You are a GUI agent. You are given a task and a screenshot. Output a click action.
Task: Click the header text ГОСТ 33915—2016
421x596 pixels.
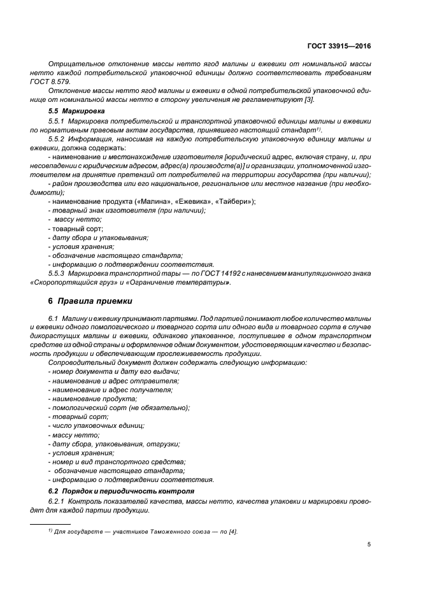click(x=339, y=45)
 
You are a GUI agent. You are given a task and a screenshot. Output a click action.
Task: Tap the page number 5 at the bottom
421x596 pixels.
click(x=369, y=544)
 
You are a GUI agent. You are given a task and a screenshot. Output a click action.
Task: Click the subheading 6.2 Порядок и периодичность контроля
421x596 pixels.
click(x=115, y=491)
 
